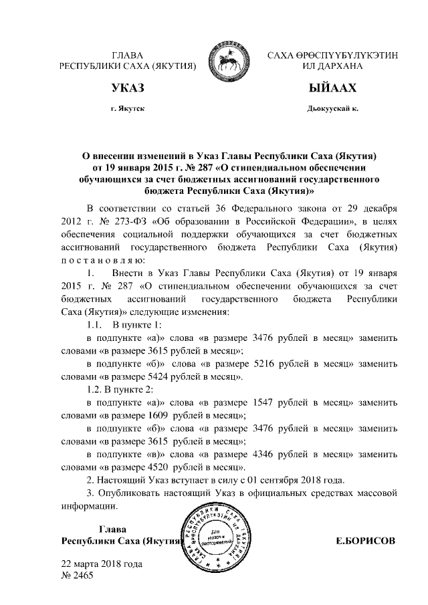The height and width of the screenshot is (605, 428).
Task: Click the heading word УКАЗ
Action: [x=127, y=88]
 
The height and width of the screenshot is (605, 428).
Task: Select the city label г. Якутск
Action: [x=127, y=108]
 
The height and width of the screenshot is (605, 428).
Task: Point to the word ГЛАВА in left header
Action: [x=127, y=55]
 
